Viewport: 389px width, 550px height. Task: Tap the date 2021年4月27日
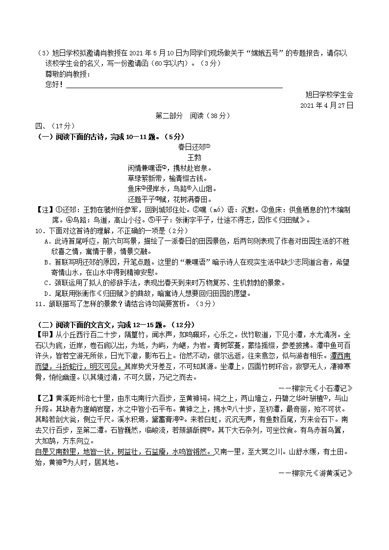(326, 105)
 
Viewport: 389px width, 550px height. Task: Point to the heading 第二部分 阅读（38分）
(192, 116)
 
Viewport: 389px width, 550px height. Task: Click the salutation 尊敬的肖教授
(67, 74)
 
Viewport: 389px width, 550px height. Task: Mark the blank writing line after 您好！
(174, 86)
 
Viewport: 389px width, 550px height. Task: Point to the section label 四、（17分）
(54, 126)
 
